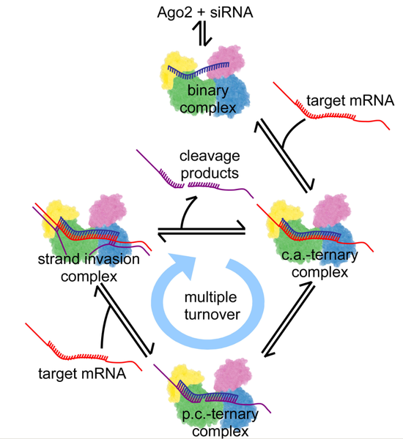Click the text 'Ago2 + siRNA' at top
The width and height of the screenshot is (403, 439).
coord(205,12)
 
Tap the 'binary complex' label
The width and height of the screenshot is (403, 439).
coord(208,99)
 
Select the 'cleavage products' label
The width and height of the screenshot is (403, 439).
coord(210,165)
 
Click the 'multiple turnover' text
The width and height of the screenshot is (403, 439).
coord(212,306)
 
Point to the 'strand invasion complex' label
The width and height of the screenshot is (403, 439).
coord(89,268)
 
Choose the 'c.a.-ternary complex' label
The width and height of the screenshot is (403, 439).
coord(319,263)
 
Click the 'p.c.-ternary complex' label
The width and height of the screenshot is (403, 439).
coord(220,422)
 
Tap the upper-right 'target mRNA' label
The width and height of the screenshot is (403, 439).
coord(350,100)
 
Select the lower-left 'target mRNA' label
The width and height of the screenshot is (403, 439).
coord(82,373)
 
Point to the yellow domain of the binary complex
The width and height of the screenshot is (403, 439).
coord(174,69)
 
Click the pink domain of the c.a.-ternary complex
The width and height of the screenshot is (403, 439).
coord(331,210)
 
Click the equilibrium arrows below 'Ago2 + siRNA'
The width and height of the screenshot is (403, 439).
coord(202,34)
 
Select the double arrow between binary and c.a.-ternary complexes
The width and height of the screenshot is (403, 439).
coord(284,155)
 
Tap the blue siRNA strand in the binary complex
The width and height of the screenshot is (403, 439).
coord(199,70)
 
